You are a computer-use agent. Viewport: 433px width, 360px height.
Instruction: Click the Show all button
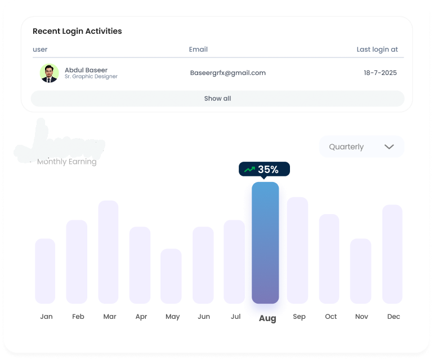217,99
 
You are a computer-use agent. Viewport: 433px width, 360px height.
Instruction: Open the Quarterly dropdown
361,146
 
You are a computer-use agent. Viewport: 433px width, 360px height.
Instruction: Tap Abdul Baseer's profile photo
50,73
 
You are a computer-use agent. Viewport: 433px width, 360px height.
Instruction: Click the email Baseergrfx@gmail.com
227,73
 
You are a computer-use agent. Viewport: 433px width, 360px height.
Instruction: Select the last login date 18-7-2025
380,73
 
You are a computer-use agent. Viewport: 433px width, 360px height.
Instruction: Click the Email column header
198,50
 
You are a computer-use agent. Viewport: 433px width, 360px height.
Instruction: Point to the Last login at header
377,50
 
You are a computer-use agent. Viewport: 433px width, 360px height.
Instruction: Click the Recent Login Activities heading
77,32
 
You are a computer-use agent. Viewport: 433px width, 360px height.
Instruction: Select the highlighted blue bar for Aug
265,242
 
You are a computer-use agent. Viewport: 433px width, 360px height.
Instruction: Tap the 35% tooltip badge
264,169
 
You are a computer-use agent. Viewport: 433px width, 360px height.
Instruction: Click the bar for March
108,252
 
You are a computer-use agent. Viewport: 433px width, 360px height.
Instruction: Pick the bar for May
171,276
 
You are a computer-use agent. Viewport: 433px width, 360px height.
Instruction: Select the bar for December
392,254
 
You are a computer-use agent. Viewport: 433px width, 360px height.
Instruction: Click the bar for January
45,271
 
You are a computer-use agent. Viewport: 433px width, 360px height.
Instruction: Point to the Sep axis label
299,317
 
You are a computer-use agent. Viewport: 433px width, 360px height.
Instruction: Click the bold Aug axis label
267,318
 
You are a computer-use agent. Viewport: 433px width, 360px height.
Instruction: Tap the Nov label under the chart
361,317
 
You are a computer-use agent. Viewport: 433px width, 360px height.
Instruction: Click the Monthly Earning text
66,162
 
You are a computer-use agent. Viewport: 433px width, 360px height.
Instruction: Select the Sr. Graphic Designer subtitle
91,77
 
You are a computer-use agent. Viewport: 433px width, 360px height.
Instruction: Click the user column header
40,50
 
